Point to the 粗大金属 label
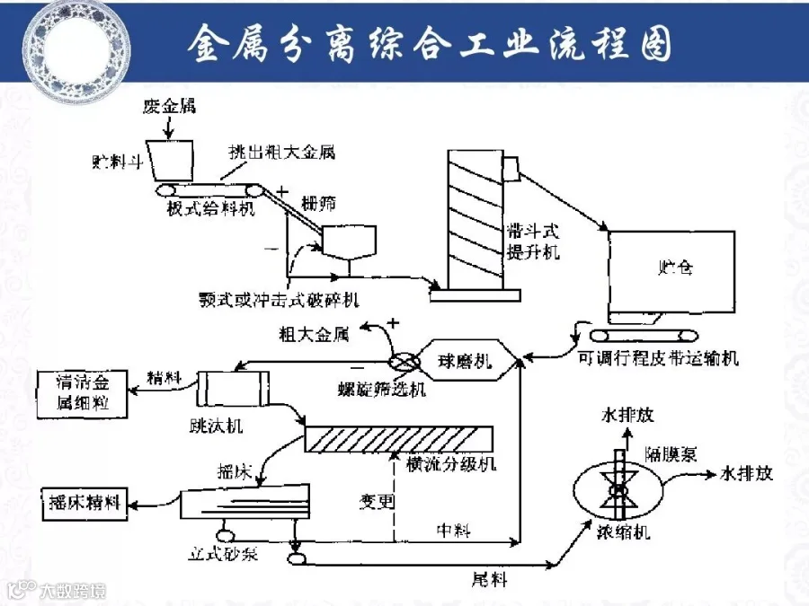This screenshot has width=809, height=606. pyautogui.click(x=314, y=335)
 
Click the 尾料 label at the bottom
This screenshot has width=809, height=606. pyautogui.click(x=490, y=580)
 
